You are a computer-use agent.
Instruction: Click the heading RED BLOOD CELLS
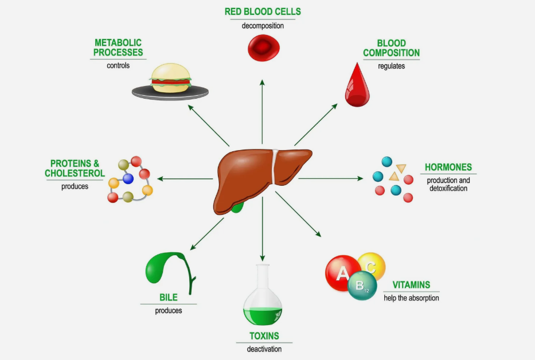coord(263,11)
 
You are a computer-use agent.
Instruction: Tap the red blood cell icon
coord(263,48)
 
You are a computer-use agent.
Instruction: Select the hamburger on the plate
coord(170,78)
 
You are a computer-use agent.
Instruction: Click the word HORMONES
coord(448,167)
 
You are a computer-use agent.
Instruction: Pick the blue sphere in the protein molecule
coord(128,178)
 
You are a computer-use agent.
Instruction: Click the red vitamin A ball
coord(342,273)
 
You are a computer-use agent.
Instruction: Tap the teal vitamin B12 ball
coord(362,285)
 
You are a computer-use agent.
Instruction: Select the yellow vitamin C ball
coord(373,265)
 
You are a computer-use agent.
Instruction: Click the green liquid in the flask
coord(263,316)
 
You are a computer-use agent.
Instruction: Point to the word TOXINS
coord(264,336)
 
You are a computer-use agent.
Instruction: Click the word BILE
coord(169,298)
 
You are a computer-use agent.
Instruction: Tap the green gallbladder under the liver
coord(237,207)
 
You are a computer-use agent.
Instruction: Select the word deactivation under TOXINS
coord(264,349)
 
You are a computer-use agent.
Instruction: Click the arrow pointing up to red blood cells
coord(262,112)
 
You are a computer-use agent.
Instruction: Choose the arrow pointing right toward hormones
coord(331,178)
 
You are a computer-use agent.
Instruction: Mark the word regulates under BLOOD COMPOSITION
coord(391,66)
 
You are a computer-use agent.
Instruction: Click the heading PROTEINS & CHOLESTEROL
coord(75,168)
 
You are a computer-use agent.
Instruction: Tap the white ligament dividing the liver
coord(274,167)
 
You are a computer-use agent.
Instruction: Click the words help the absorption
coord(411,298)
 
